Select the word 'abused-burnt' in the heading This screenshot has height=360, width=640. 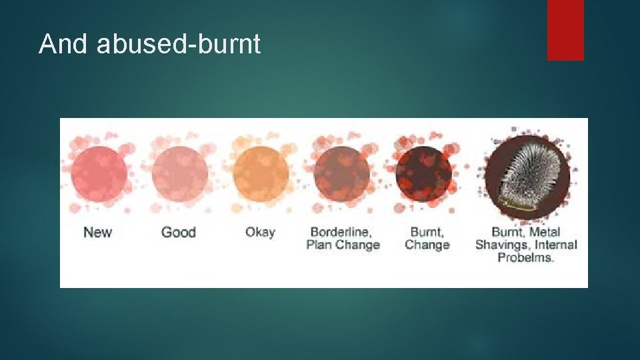click(x=178, y=44)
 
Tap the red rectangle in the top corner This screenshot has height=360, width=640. click(x=565, y=30)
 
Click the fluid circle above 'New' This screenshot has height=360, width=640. click(x=99, y=173)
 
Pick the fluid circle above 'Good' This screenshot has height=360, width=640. click(x=179, y=173)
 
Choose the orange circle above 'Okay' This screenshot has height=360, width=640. click(x=261, y=173)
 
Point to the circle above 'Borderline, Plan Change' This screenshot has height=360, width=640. click(x=342, y=173)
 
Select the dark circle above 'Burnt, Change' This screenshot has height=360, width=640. click(x=423, y=173)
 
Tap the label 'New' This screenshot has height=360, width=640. click(x=98, y=233)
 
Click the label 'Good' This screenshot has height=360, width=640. click(x=179, y=233)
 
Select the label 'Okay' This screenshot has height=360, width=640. click(x=260, y=233)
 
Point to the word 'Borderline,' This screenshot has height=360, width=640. click(x=341, y=232)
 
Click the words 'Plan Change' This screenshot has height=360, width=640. click(x=343, y=245)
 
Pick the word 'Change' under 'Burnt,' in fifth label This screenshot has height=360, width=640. click(x=427, y=245)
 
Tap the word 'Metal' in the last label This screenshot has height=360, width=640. click(x=544, y=232)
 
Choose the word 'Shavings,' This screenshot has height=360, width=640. click(x=503, y=245)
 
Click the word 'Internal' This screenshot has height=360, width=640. click(x=555, y=245)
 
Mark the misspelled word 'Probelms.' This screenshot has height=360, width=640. click(x=526, y=257)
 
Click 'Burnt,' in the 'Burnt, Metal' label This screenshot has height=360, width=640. click(x=508, y=232)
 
